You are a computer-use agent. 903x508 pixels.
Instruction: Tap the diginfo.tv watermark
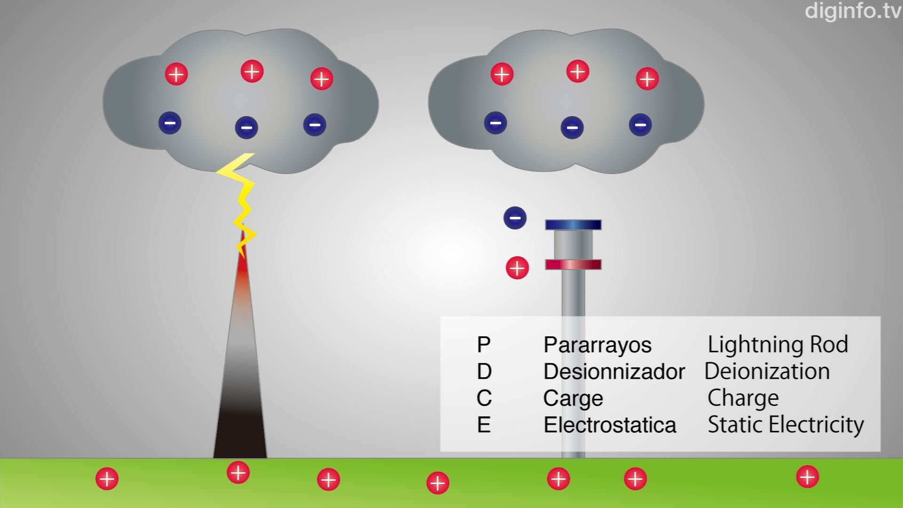click(x=853, y=11)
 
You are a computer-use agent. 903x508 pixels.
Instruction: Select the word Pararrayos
click(x=597, y=345)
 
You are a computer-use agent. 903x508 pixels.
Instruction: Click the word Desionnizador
click(x=614, y=372)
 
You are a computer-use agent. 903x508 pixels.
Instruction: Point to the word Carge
click(x=573, y=399)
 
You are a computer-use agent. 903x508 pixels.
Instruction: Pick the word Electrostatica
click(x=610, y=425)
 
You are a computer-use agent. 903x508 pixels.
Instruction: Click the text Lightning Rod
click(x=777, y=345)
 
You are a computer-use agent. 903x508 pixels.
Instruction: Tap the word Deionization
click(x=767, y=372)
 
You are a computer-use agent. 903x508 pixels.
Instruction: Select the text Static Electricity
click(x=785, y=425)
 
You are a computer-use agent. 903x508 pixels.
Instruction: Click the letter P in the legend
click(x=483, y=345)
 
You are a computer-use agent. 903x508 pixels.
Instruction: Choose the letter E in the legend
click(x=483, y=425)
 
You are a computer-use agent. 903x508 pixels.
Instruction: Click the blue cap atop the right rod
click(x=573, y=225)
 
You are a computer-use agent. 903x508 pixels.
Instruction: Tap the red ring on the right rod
click(x=573, y=265)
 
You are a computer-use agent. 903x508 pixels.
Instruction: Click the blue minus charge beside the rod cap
click(x=515, y=218)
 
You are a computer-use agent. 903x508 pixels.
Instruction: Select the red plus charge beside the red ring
click(x=517, y=268)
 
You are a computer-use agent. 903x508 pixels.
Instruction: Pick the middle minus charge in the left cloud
click(x=246, y=127)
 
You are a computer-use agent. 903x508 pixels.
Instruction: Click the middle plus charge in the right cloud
click(x=578, y=71)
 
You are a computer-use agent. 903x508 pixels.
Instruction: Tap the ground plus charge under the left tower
click(x=238, y=472)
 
